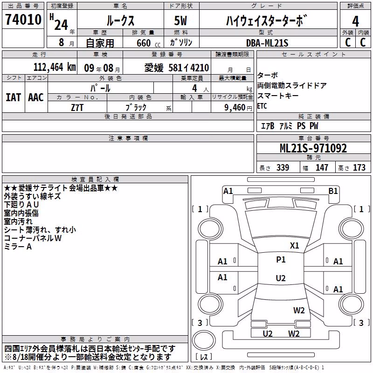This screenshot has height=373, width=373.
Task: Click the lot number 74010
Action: coord(23,20)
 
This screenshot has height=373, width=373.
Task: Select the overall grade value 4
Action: coord(355,21)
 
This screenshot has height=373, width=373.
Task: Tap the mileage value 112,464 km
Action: coord(55,67)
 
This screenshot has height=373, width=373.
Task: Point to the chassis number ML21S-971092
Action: coord(313,148)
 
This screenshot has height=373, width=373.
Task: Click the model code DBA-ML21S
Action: coord(267,43)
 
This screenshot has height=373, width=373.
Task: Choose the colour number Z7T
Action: coord(77,108)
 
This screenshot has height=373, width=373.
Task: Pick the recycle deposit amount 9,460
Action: coord(235,108)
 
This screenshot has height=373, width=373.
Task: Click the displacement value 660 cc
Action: coord(148,43)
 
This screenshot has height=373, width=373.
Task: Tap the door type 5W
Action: coord(180,21)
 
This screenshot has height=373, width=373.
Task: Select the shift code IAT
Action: coord(13,97)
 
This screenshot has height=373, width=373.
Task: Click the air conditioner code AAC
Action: coord(36,97)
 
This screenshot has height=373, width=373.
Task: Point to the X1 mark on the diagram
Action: coord(294,246)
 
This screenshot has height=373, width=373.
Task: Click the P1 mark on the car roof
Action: coord(281,260)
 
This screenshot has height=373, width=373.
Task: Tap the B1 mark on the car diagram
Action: coord(333,191)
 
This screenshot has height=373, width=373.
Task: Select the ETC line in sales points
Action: coord(262,106)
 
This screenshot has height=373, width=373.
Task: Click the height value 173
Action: coord(359,168)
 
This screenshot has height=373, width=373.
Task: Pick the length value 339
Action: coord(283,168)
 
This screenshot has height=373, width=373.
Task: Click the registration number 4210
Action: coord(200,68)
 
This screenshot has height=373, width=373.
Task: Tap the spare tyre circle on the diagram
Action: coord(204,340)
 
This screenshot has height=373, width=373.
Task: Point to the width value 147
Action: coord(322,168)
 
